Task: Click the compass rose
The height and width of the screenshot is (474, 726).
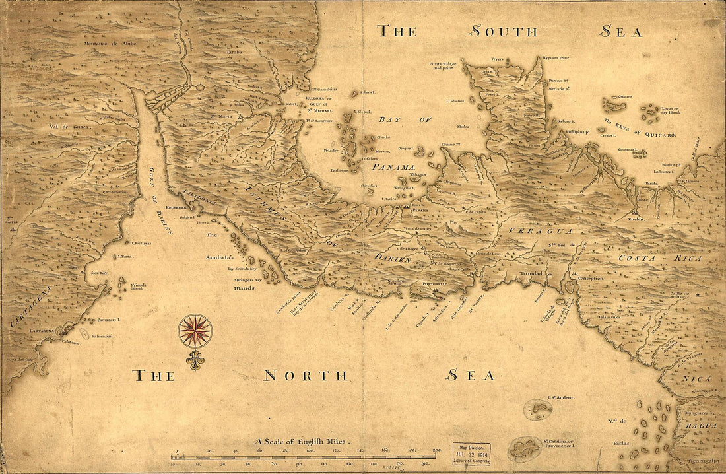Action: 195,331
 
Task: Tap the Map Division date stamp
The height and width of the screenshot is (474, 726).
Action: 471,454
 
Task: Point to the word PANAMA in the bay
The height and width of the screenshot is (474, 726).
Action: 392,168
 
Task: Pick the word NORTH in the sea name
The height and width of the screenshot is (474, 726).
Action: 305,376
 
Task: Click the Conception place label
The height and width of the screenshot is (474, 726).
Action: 591,278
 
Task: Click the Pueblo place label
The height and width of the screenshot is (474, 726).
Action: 635,218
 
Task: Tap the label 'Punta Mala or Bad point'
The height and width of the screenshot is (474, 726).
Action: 442,65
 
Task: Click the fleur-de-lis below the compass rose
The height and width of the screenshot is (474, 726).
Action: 195,360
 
